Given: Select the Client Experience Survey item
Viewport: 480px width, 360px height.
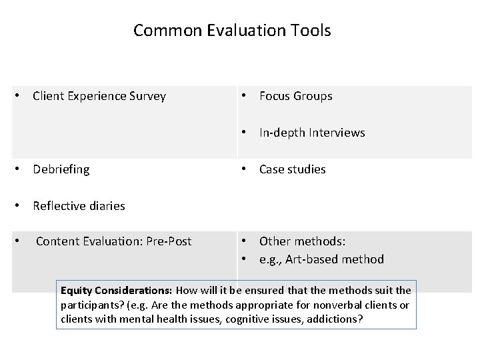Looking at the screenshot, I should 99,96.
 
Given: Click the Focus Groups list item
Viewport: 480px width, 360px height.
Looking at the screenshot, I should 295,96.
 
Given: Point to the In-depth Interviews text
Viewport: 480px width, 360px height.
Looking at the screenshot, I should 312,133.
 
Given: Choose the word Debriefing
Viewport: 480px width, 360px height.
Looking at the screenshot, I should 61,169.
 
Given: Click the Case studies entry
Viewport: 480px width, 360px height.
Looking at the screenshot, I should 292,169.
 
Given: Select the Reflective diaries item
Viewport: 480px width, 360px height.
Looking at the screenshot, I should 79,206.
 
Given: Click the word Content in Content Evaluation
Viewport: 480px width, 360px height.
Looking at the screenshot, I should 57,241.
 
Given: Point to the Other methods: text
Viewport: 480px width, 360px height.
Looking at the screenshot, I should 302,241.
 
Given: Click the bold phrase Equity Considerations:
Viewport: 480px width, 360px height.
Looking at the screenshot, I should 117,291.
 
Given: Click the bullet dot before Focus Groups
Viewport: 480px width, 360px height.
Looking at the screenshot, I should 245,96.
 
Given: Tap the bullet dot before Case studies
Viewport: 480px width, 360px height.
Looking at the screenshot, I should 245,169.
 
